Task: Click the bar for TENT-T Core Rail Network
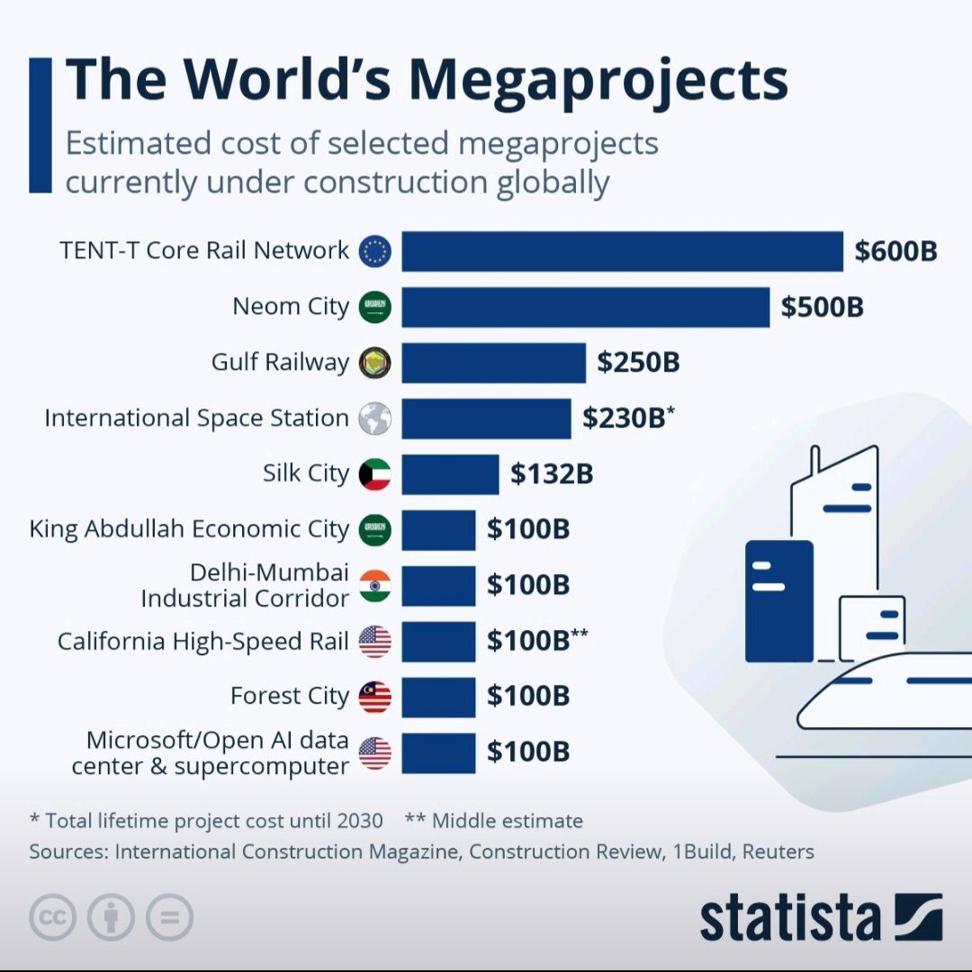[x=622, y=251]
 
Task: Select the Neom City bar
[x=585, y=307]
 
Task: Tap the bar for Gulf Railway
[x=493, y=363]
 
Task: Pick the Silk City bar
[x=450, y=474]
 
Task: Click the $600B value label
[x=895, y=251]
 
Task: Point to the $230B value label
[x=624, y=418]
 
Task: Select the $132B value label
[x=552, y=474]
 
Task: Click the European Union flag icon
[x=375, y=251]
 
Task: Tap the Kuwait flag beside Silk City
[x=375, y=474]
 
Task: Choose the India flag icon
[x=375, y=586]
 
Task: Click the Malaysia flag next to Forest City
[x=375, y=697]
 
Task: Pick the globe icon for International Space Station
[x=375, y=418]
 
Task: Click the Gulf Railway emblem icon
[x=375, y=363]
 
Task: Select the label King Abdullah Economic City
[x=189, y=529]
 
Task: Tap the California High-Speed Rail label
[x=203, y=642]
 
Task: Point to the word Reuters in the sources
[x=778, y=851]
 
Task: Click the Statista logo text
[x=790, y=919]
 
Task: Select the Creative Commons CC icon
[x=52, y=919]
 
